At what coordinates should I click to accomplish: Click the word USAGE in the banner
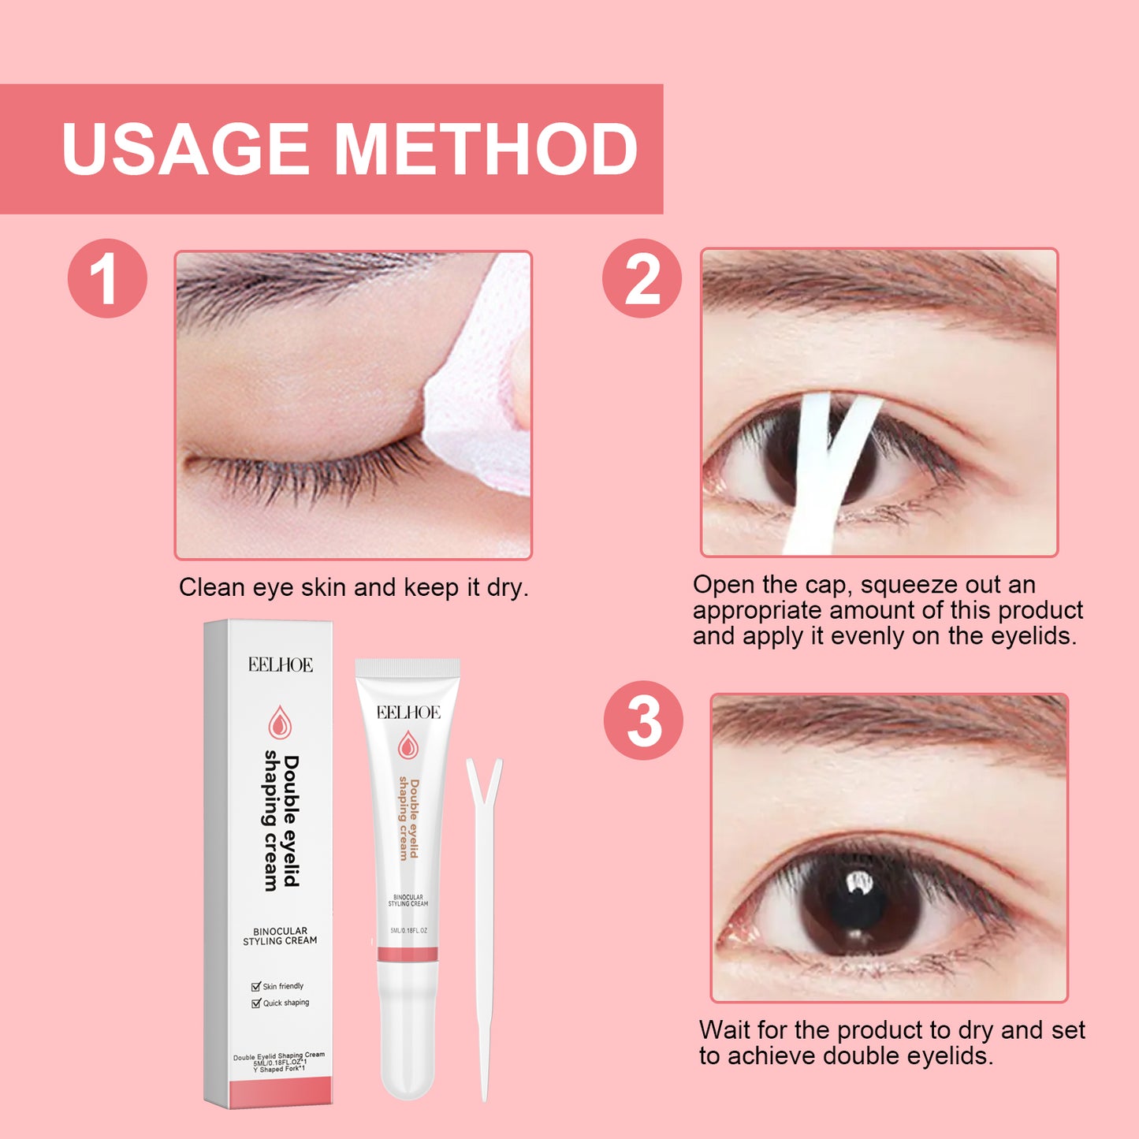(185, 149)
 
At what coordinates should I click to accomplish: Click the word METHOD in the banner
(486, 149)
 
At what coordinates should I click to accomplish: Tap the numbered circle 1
(107, 279)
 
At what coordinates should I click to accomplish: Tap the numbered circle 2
(642, 279)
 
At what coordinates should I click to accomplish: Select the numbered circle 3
(643, 720)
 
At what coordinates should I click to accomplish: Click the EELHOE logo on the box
(281, 665)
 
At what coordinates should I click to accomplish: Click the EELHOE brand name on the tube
(408, 713)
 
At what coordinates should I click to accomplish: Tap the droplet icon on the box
(279, 722)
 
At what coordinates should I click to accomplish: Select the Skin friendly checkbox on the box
(256, 986)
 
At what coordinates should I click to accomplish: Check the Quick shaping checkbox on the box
(256, 1003)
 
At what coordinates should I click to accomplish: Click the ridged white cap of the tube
(408, 668)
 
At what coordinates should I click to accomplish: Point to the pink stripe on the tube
(408, 955)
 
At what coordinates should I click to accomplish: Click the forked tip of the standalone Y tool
(484, 776)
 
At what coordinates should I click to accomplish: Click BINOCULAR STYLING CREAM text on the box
(280, 936)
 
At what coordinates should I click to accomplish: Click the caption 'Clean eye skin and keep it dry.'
(353, 588)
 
